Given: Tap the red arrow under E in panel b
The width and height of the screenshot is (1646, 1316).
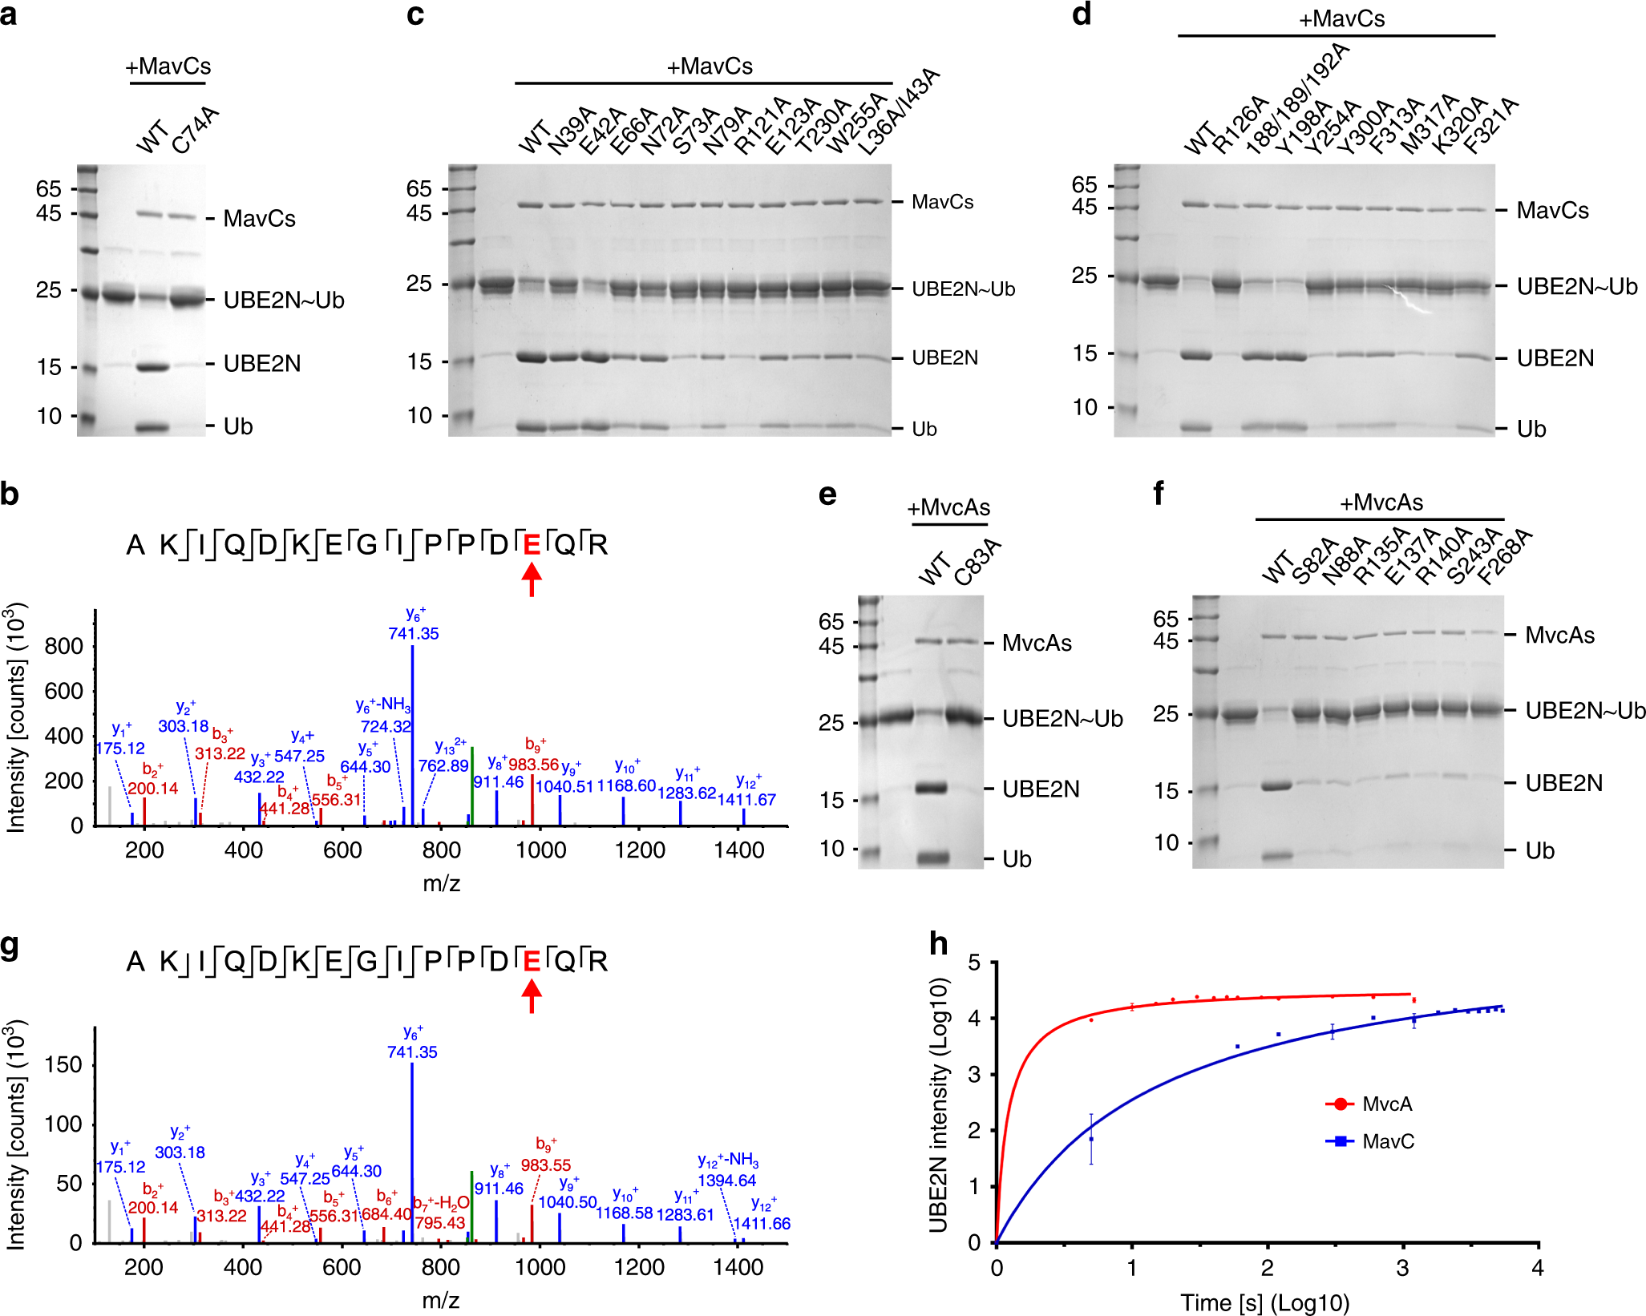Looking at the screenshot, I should (532, 579).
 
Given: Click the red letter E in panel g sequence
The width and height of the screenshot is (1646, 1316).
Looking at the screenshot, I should (532, 960).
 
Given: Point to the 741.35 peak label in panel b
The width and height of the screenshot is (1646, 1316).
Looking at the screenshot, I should (414, 633).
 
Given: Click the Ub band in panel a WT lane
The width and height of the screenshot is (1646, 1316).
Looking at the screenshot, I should (152, 427).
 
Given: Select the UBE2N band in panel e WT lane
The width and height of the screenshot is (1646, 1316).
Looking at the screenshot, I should (932, 788).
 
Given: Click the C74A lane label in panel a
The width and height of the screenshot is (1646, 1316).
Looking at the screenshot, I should (195, 130).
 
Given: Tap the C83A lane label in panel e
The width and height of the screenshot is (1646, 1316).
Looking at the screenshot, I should (978, 562).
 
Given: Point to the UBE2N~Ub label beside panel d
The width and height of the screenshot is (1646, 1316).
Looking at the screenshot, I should (1576, 287).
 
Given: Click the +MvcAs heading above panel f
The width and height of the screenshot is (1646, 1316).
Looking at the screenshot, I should (1381, 503).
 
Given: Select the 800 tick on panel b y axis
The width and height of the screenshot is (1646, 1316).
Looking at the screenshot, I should (64, 646).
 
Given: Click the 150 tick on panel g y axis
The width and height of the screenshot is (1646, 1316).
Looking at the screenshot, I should (64, 1064).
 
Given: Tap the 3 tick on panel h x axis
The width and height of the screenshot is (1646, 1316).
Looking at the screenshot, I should (1402, 1268).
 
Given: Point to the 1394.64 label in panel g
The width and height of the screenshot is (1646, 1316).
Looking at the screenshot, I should (726, 1180).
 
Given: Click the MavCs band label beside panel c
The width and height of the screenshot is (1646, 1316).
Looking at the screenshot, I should (942, 202).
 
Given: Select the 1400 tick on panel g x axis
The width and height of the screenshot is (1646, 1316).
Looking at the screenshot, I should (738, 1267).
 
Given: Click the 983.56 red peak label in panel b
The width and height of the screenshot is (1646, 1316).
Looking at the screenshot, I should (533, 765).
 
